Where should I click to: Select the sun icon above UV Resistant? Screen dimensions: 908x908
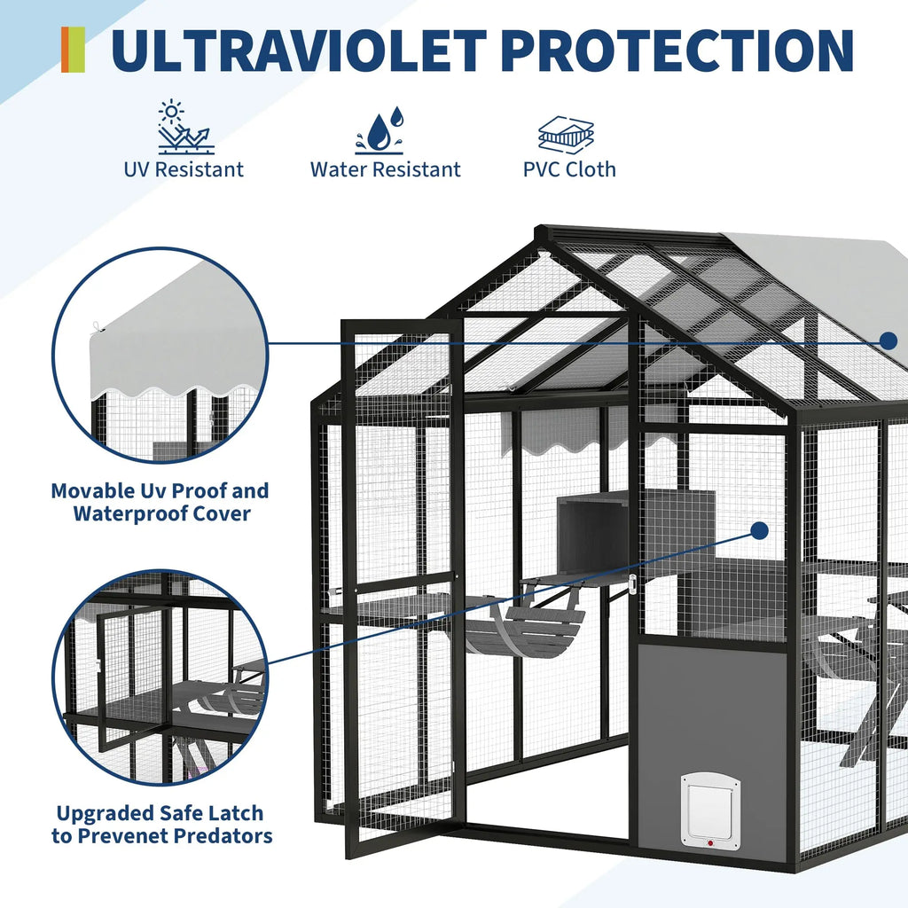click(x=184, y=128)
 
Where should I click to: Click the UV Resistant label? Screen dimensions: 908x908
click(x=184, y=168)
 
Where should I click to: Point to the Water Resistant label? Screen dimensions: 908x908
click(x=386, y=169)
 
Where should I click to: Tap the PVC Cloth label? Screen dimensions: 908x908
click(x=569, y=168)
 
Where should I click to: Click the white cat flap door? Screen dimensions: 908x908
click(x=710, y=810)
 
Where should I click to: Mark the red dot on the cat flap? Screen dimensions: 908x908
click(x=709, y=843)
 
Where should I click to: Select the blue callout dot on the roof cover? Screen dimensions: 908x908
click(x=888, y=340)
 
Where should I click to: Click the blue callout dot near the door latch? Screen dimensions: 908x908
click(x=759, y=531)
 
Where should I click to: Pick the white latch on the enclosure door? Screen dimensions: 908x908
click(x=632, y=583)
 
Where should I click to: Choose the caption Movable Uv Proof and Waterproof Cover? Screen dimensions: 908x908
click(x=160, y=502)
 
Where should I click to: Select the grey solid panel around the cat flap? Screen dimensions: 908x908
click(x=709, y=709)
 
